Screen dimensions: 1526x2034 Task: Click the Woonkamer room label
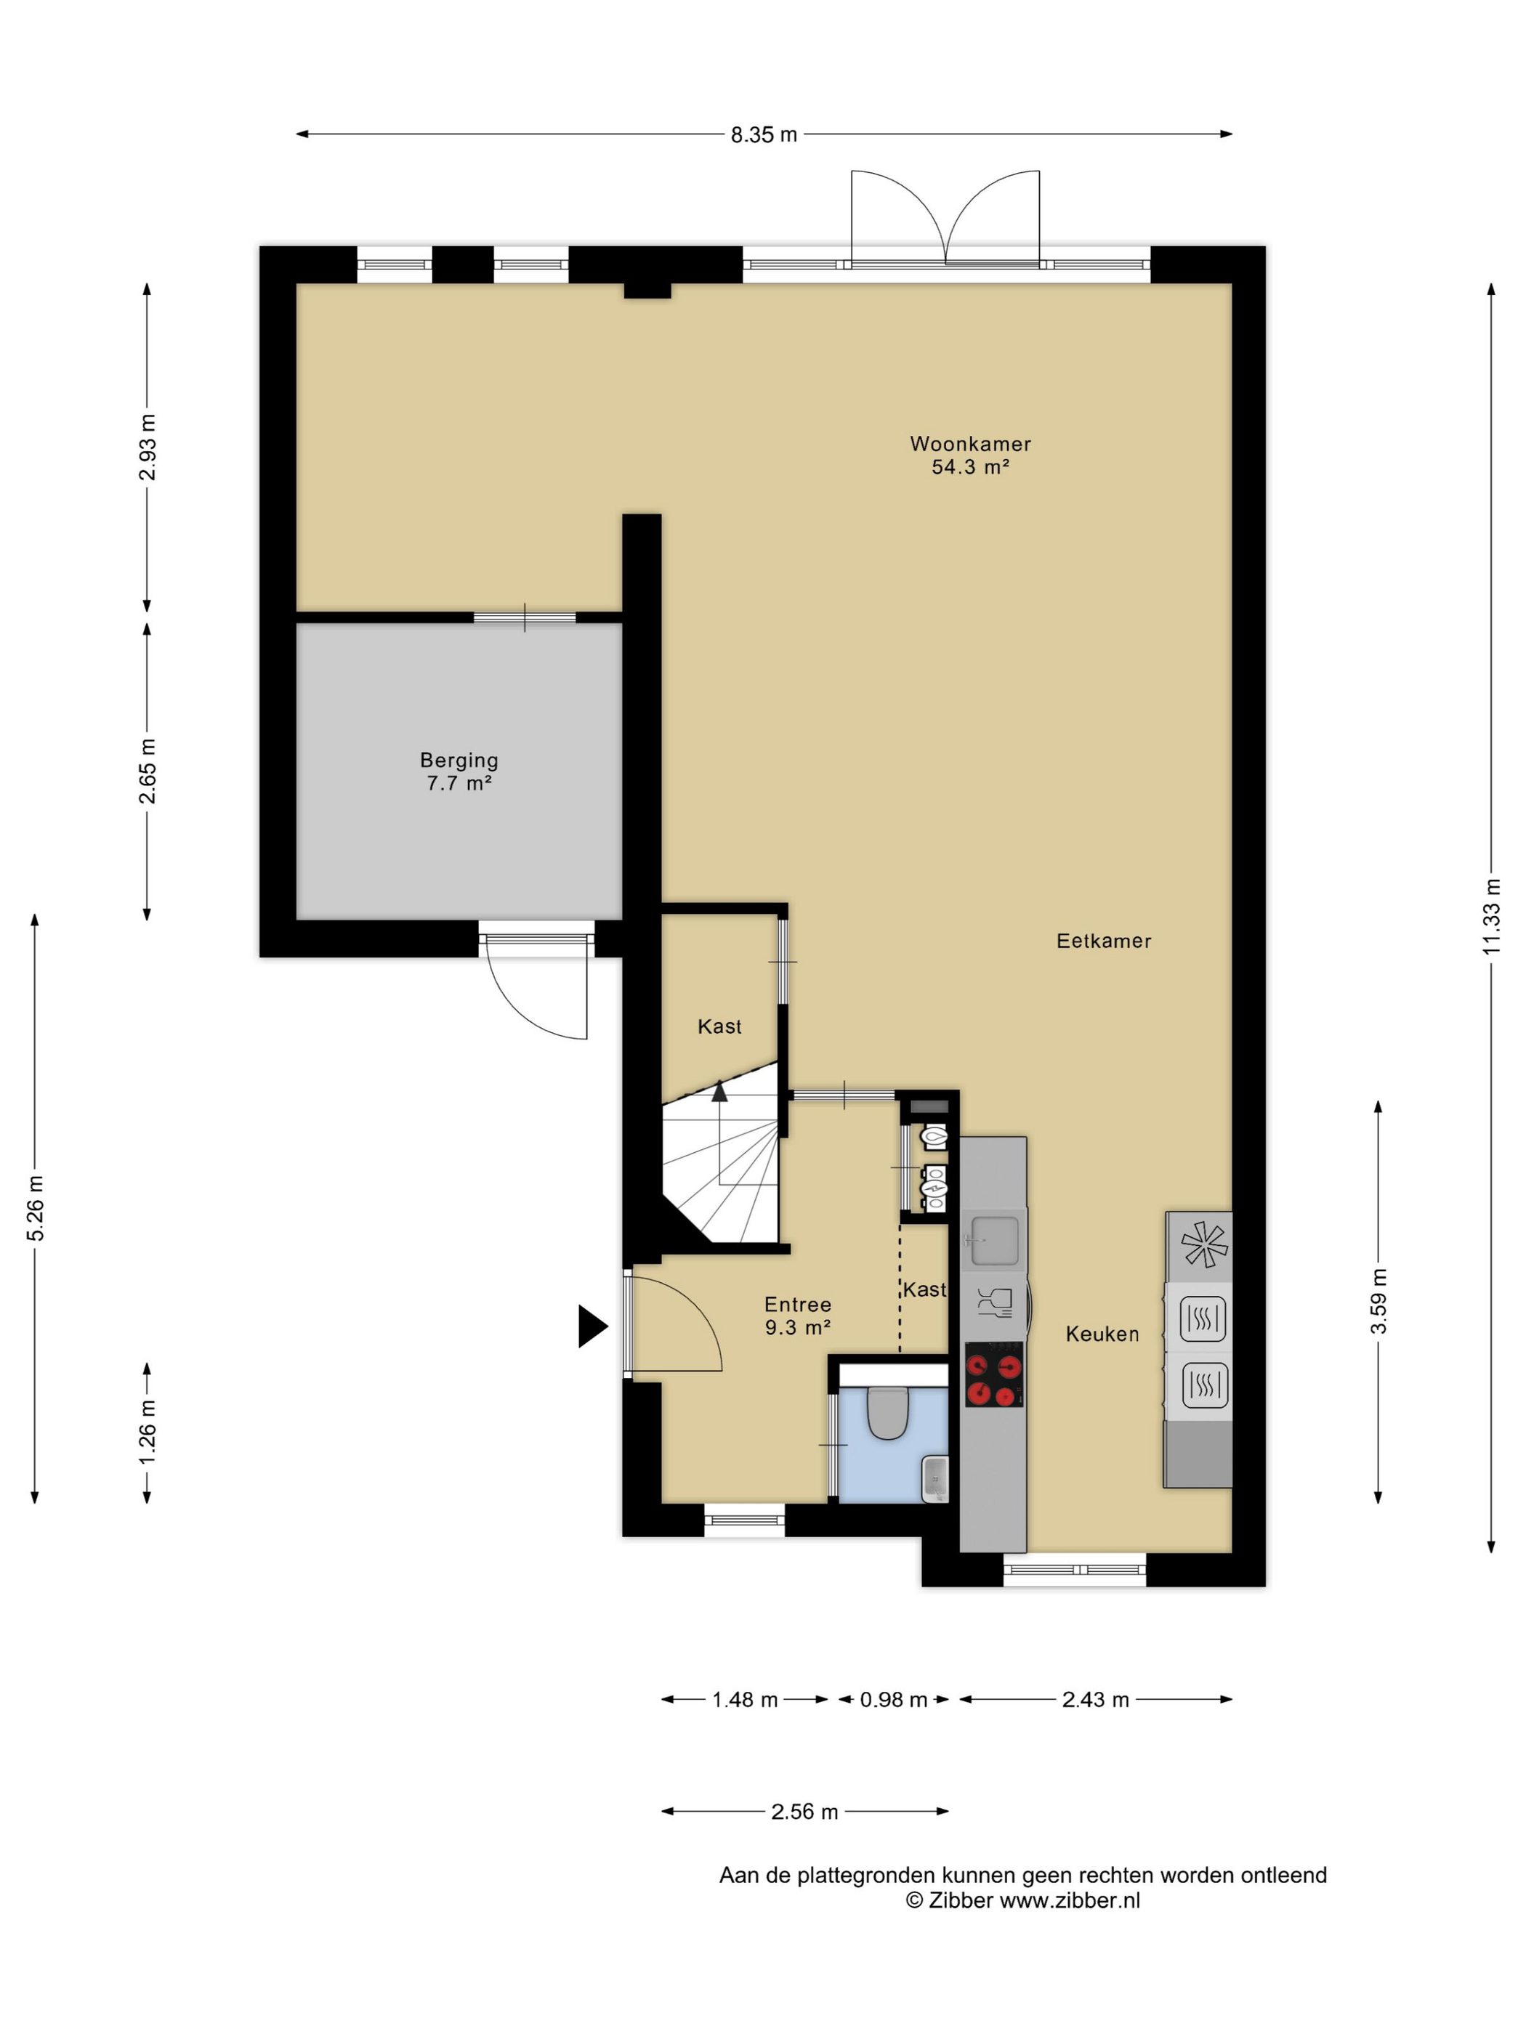click(970, 444)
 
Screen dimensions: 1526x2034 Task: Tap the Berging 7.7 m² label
click(459, 771)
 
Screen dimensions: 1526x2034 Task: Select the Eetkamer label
click(1104, 941)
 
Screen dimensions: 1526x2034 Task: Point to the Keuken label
click(1102, 1334)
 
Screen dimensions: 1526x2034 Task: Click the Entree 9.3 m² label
click(797, 1316)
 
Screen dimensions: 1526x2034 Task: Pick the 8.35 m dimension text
click(764, 135)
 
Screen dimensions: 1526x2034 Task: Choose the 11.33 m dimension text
click(1491, 916)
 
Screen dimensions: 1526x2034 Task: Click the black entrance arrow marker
click(592, 1326)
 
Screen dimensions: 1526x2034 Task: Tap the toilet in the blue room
click(888, 1411)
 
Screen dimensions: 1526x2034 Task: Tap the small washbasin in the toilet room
click(934, 1478)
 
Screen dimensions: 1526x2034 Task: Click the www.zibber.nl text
click(1070, 1900)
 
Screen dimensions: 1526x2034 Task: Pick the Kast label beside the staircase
click(719, 1026)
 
